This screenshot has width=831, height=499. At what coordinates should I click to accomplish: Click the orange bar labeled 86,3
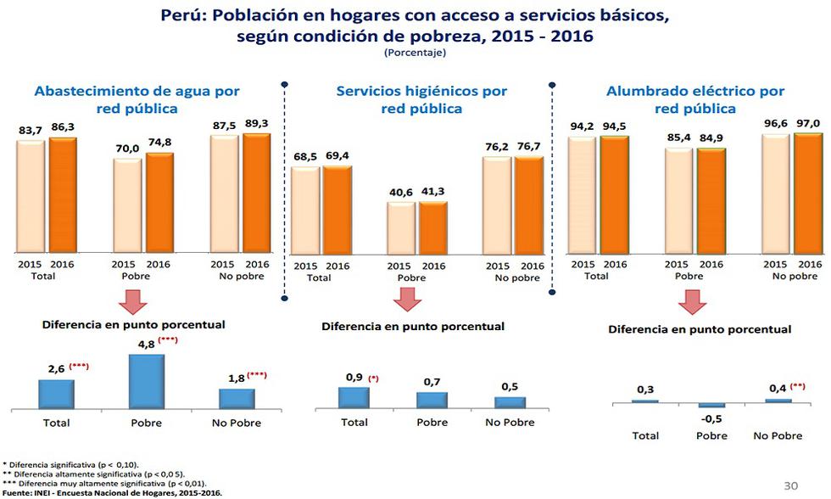coord(63,195)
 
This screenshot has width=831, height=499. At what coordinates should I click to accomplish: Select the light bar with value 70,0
coord(127,205)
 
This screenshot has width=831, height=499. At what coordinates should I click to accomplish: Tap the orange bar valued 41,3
coord(433,227)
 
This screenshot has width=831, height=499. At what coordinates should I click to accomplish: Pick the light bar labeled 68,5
coord(305,210)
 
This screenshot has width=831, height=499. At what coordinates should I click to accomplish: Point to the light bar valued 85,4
coord(679,200)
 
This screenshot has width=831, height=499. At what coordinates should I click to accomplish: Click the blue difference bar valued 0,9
coord(354,398)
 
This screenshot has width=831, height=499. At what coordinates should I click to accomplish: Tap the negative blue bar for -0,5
coord(712,405)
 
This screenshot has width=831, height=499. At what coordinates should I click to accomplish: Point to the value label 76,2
coord(497,145)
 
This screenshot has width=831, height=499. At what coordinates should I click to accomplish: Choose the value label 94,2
coord(582,126)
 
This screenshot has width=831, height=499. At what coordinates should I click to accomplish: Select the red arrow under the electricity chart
coord(693,302)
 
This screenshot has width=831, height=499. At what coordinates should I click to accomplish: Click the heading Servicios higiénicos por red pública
coord(421,99)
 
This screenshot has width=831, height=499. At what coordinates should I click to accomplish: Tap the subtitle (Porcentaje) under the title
coord(415,53)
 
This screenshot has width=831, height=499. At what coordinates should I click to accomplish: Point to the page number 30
coord(791,485)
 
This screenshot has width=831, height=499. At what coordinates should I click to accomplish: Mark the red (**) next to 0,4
coord(797,387)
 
